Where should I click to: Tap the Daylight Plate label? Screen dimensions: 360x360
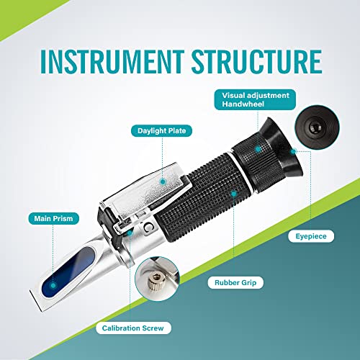[x=160, y=130]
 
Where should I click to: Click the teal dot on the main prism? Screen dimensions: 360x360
[x=127, y=233]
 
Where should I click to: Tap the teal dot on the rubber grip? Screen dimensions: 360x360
[x=231, y=192]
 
